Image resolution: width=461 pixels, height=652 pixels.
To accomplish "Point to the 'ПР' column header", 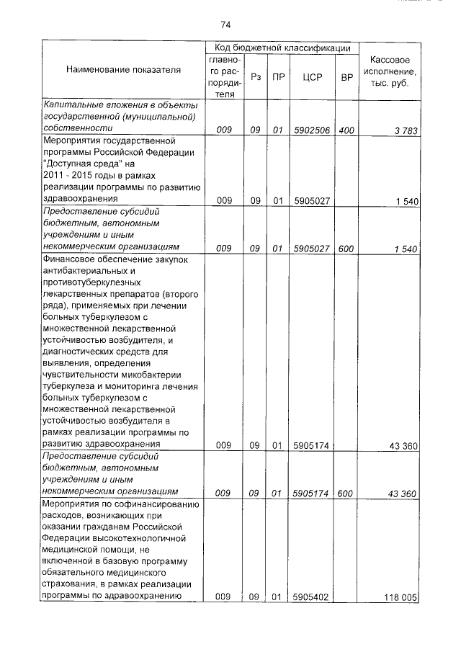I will tap(277, 76).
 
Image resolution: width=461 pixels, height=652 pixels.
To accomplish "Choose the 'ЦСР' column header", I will tap(312, 76).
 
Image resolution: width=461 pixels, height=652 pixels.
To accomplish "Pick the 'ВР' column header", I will tap(346, 76).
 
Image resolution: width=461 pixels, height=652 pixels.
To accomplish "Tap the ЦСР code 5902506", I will tap(311, 130).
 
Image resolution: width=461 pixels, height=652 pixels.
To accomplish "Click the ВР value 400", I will tap(346, 130).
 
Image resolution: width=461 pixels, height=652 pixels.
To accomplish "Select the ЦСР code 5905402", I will tap(311, 597).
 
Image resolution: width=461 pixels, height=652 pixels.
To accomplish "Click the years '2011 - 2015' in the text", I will tap(69, 176).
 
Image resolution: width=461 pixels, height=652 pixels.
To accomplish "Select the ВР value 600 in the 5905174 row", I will tap(346, 493).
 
